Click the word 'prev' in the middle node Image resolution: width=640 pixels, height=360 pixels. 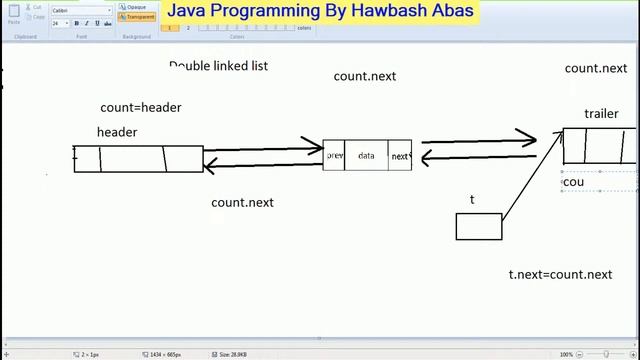334,156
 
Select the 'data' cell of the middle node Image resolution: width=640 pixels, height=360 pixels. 366,156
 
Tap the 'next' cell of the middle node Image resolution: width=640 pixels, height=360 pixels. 400,156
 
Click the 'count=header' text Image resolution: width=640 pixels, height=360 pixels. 141,107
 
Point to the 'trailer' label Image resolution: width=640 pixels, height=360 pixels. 601,114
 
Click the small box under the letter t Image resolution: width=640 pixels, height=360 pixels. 479,226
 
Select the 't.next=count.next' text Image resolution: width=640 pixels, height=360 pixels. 560,274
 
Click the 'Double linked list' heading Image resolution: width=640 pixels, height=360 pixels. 218,66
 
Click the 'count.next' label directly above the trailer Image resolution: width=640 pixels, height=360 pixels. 596,68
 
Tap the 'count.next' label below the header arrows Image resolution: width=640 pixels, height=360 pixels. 242,202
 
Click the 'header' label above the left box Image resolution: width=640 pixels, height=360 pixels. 117,132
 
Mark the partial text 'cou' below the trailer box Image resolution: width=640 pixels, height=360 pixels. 573,182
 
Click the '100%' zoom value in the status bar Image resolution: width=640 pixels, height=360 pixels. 566,354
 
